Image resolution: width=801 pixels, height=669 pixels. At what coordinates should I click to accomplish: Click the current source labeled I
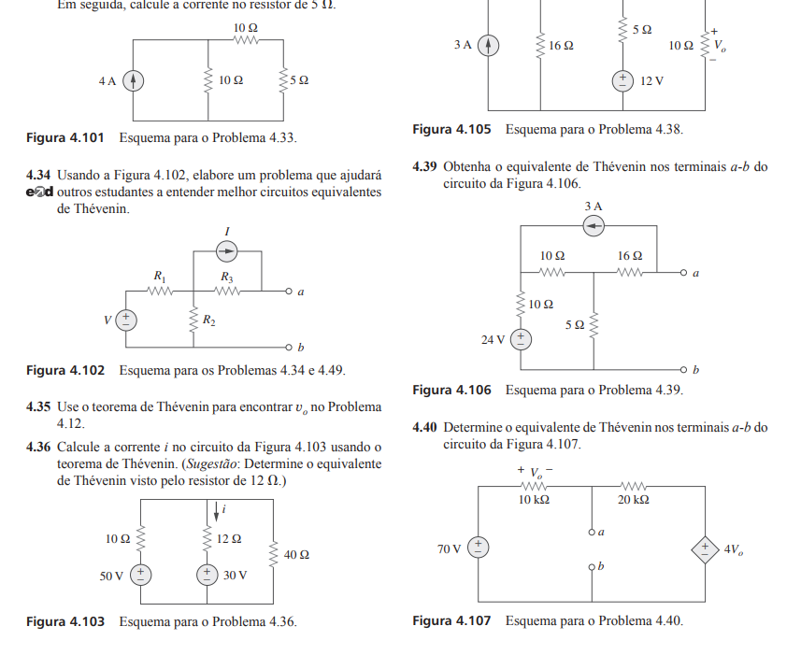pyautogui.click(x=226, y=249)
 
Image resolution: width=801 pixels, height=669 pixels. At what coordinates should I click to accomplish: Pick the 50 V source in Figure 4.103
pyautogui.click(x=139, y=575)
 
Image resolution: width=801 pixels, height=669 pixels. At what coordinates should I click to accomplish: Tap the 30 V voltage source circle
pyautogui.click(x=207, y=575)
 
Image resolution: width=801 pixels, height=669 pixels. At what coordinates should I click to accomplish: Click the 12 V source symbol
pyautogui.click(x=622, y=81)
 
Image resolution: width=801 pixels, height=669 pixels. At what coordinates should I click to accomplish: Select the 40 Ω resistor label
pyautogui.click(x=296, y=555)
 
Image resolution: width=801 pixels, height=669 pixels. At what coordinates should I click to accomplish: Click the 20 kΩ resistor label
pyautogui.click(x=634, y=500)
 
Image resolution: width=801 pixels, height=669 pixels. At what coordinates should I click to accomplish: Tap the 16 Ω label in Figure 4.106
pyautogui.click(x=629, y=255)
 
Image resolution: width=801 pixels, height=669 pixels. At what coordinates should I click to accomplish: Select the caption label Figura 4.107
pyautogui.click(x=451, y=620)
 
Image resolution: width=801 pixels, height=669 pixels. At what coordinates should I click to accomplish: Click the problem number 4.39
pyautogui.click(x=424, y=167)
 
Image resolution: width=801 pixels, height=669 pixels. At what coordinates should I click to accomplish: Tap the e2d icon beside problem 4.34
pyautogui.click(x=40, y=193)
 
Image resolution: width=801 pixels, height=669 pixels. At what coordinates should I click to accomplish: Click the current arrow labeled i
pyautogui.click(x=217, y=510)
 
